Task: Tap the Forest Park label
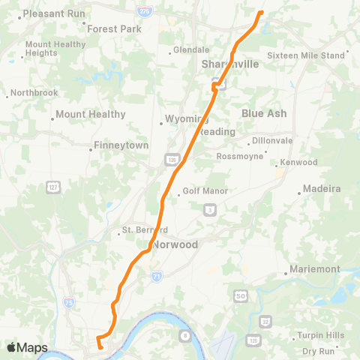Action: (x=114, y=29)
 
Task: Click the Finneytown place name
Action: (x=121, y=145)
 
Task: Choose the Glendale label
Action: (x=190, y=50)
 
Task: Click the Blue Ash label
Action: (x=264, y=112)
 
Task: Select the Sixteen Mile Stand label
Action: (x=306, y=55)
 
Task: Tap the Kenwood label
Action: (x=299, y=162)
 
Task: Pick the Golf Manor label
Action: (x=205, y=191)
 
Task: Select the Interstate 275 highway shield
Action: (x=143, y=13)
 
